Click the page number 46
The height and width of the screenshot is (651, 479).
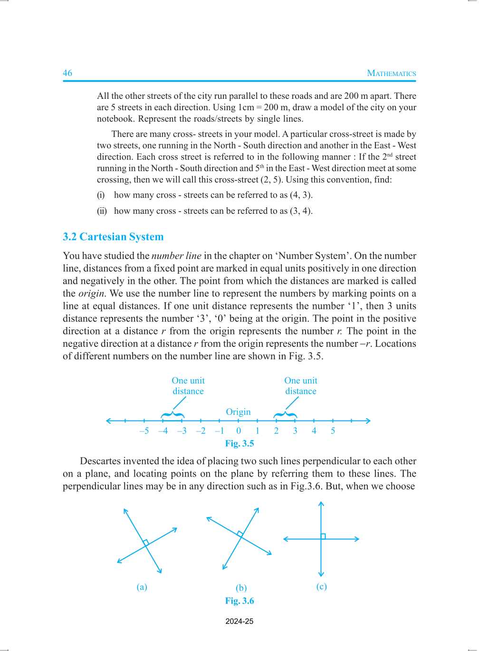pos(67,73)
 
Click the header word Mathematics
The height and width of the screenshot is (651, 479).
pos(391,73)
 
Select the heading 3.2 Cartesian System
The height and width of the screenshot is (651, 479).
pos(113,237)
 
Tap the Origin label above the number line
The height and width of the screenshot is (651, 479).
pos(238,412)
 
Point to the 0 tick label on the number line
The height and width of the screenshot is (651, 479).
pos(239,431)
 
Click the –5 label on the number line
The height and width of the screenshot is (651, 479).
pos(144,431)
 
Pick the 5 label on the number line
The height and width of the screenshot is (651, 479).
pos(333,431)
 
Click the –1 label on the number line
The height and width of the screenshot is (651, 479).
pos(219,431)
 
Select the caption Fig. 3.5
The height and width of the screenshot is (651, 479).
pos(239,443)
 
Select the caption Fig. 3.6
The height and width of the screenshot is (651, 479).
pos(239,601)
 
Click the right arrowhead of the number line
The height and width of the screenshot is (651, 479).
pos(368,421)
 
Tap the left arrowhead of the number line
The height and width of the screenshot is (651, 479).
pos(108,421)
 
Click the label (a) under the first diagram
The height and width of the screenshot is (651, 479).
pos(142,587)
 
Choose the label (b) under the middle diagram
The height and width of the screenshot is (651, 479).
pos(241,588)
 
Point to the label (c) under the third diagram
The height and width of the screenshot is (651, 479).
pos(322,586)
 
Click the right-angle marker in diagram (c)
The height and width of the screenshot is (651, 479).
pos(324,536)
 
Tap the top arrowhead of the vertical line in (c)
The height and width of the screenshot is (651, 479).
pos(321,504)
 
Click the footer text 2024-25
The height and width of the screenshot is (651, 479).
pos(239,622)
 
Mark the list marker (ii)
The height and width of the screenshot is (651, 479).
pos(102,211)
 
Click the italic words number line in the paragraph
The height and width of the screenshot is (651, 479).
pos(176,256)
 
